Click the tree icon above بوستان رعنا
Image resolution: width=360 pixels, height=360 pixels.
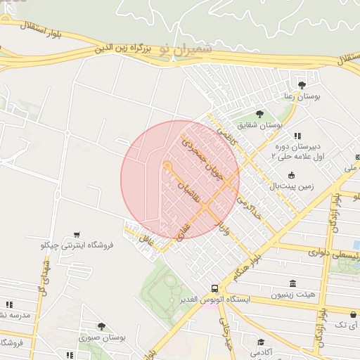[x=302, y=85]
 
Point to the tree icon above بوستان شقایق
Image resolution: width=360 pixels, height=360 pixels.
[x=259, y=113]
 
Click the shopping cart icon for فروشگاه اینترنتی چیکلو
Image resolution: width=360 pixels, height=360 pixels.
[x=77, y=234]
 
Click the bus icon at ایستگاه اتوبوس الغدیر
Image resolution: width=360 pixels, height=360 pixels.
[x=214, y=288]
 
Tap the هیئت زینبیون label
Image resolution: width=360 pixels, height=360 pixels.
[x=292, y=296]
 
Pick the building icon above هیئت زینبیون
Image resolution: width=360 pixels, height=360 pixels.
[x=292, y=284]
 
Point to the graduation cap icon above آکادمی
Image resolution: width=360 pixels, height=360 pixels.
[x=261, y=342]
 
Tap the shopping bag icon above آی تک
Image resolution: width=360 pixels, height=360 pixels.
[x=353, y=314]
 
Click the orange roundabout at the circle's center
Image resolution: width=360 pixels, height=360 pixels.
[x=167, y=166]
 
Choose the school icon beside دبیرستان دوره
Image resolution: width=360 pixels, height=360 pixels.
[x=297, y=136]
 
